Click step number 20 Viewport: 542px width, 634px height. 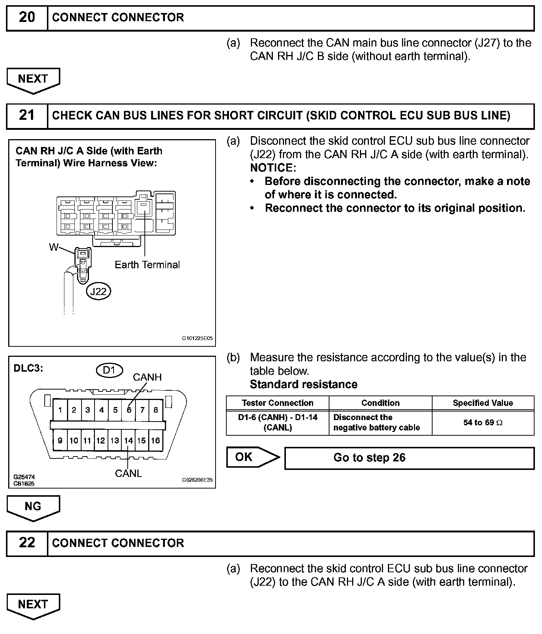(x=27, y=17)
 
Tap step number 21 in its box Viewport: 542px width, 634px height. (x=27, y=115)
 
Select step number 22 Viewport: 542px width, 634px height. (x=27, y=543)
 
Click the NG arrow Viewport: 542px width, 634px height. (x=33, y=507)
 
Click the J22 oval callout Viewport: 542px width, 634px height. (x=98, y=291)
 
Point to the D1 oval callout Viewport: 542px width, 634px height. (x=109, y=370)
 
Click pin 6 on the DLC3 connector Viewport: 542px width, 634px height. (x=129, y=410)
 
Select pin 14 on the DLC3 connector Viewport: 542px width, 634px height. (x=128, y=441)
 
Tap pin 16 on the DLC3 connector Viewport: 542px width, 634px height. (x=156, y=441)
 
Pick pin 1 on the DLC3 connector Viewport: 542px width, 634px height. (x=60, y=410)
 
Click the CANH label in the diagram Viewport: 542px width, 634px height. (x=147, y=377)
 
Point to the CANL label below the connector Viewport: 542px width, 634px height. (x=128, y=473)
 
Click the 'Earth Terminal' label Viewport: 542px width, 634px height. (x=147, y=265)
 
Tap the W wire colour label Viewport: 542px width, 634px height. (x=54, y=247)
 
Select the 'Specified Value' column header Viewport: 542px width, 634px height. (x=482, y=403)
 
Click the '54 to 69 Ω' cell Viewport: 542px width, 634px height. (x=482, y=423)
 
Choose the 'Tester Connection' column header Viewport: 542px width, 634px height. (x=277, y=403)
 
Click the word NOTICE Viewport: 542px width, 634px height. (x=272, y=168)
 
